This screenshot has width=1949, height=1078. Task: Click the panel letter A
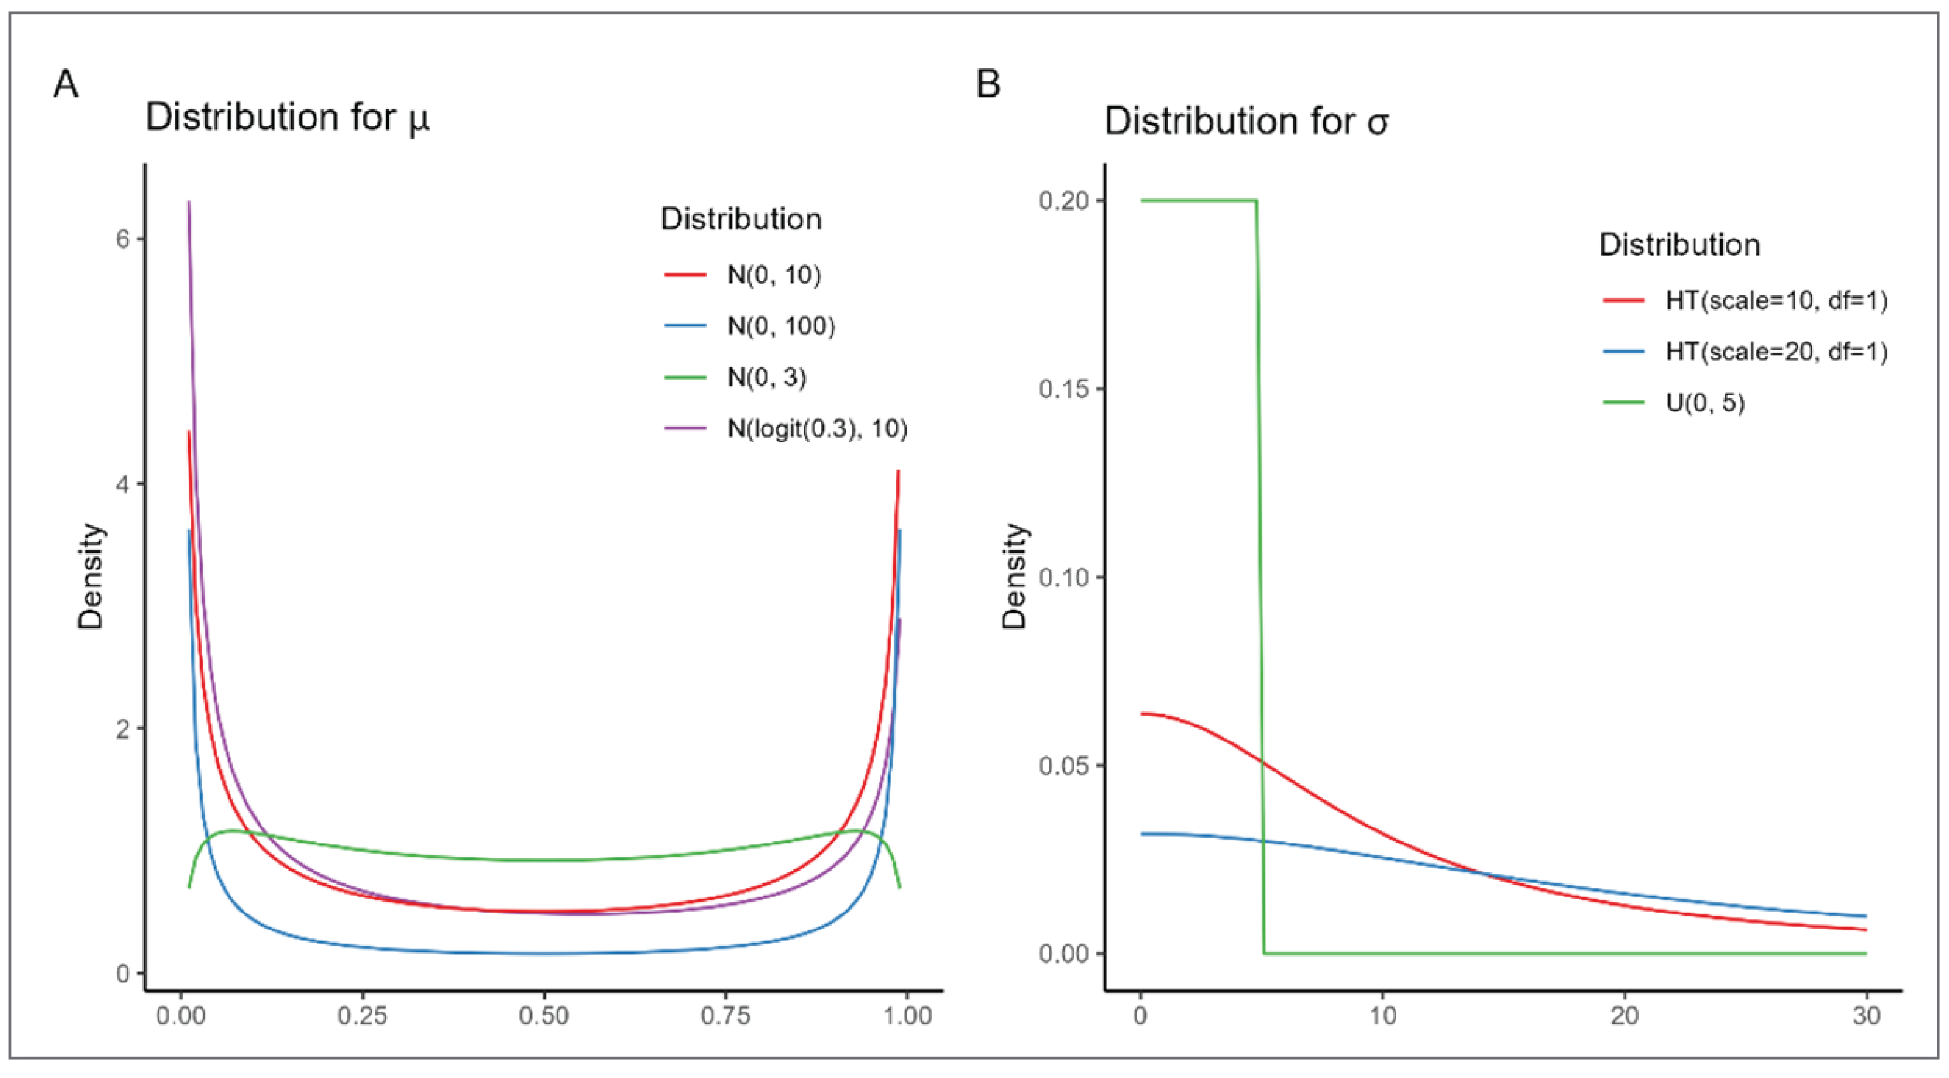(66, 84)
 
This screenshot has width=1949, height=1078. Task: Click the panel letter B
(988, 84)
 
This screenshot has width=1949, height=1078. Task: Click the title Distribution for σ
(1246, 122)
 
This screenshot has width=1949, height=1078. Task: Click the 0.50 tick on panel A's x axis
(543, 1015)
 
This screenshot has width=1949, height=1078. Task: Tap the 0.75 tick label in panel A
(725, 1015)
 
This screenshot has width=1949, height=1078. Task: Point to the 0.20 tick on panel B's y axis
(1064, 201)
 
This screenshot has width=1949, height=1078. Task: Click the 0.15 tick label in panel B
(1064, 389)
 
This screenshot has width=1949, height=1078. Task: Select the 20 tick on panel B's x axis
(1624, 1015)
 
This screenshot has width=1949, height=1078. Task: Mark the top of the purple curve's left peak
(189, 203)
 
